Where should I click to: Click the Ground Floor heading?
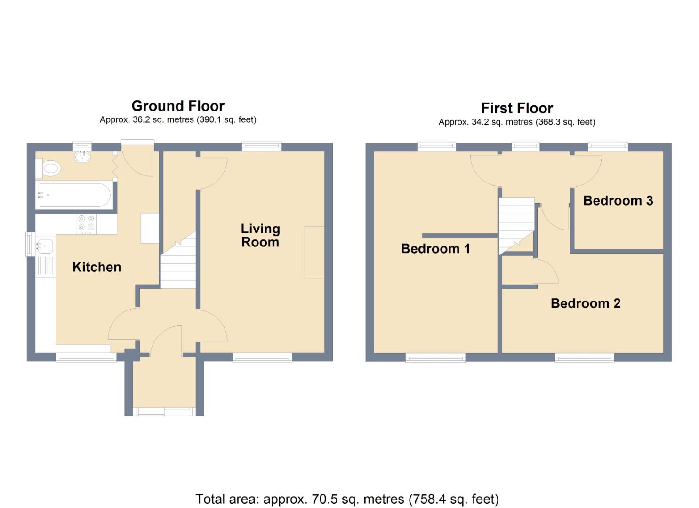click(177, 106)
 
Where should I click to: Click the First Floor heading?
click(516, 108)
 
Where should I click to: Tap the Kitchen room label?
click(96, 267)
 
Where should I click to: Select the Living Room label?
click(260, 235)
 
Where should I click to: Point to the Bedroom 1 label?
click(435, 248)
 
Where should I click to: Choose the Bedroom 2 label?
click(585, 303)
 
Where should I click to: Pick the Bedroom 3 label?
click(618, 201)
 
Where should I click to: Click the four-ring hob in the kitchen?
click(87, 224)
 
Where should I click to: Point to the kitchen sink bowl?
click(45, 246)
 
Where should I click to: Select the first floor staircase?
click(516, 223)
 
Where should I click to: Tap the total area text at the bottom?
click(347, 499)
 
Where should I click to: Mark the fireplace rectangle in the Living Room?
click(313, 253)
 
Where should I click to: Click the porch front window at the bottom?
click(164, 412)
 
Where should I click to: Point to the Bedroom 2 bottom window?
click(585, 358)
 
